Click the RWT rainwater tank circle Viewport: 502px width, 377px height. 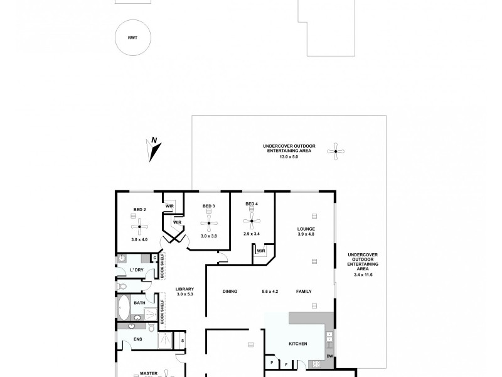pos(133,38)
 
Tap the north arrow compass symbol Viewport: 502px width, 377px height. pos(153,149)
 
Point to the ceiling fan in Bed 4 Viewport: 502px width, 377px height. pos(252,221)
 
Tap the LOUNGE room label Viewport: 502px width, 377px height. pos(306,229)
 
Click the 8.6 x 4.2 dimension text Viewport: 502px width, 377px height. pos(270,291)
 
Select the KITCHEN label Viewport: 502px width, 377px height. pos(297,344)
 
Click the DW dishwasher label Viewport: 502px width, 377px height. pos(329,357)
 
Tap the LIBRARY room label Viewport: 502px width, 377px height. pos(185,289)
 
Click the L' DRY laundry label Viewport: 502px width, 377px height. pos(137,271)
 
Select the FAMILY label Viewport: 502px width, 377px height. pos(304,291)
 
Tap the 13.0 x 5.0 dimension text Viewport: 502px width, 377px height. pos(289,156)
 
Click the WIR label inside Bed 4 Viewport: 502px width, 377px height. pos(261,251)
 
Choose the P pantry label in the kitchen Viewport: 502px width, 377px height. pos(272,363)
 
